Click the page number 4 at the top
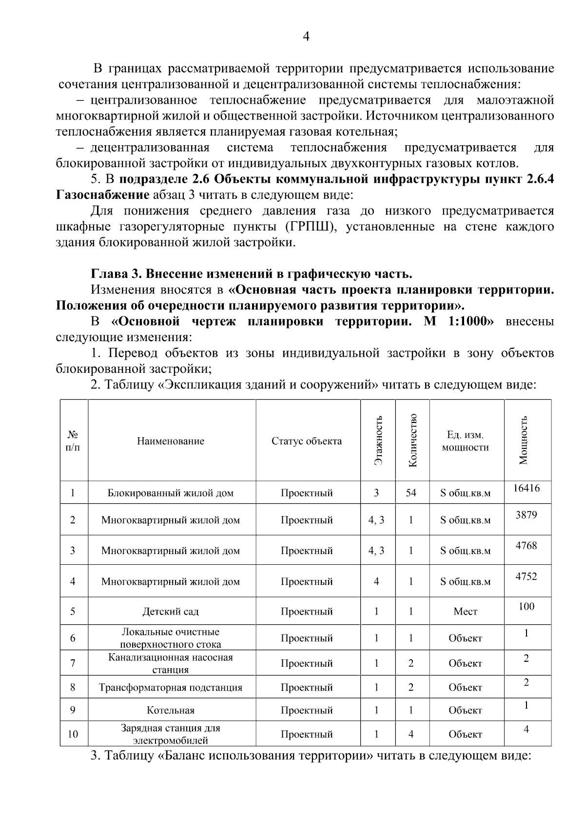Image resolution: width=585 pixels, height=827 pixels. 306,37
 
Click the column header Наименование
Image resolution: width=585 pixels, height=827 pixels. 171,441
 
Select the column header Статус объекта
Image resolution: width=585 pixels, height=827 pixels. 307,441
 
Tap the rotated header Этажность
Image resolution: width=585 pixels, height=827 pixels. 378,440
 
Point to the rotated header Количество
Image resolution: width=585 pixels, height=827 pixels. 412,440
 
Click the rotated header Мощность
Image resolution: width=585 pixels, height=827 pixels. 524,440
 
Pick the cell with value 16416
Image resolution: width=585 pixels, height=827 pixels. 526,488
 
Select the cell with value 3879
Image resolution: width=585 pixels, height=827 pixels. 526,515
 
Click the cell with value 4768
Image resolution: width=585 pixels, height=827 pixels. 526,545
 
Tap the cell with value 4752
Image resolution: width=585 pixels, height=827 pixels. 526,576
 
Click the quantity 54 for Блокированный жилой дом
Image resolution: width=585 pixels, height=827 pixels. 411,493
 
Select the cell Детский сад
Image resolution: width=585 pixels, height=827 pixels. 171,611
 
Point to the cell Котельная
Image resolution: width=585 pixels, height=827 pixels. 171,710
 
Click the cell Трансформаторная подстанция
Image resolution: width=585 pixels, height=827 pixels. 171,687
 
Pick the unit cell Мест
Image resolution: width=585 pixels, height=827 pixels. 466,611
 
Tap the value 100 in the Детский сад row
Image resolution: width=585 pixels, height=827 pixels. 526,606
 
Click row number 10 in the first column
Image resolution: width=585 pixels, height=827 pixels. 73,734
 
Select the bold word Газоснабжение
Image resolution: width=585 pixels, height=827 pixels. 103,195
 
